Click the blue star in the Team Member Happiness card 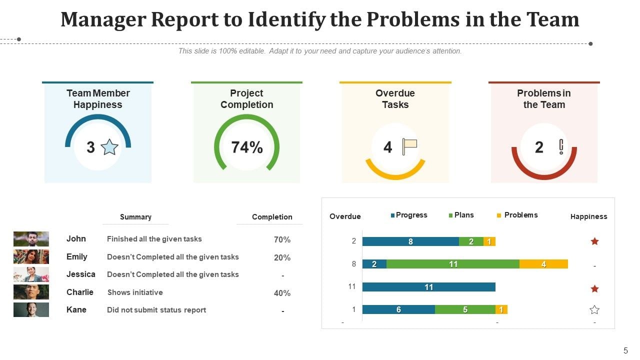pyautogui.click(x=109, y=147)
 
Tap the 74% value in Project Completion pyautogui.click(x=246, y=147)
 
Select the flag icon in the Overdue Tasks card pyautogui.click(x=409, y=146)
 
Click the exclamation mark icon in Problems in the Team pyautogui.click(x=561, y=146)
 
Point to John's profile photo pyautogui.click(x=31, y=239)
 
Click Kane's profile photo pyautogui.click(x=31, y=310)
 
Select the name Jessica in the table pyautogui.click(x=80, y=274)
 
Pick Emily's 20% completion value pyautogui.click(x=282, y=257)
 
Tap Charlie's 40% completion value pyautogui.click(x=282, y=293)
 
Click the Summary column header pyautogui.click(x=135, y=217)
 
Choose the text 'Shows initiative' pyautogui.click(x=135, y=292)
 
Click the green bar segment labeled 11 pyautogui.click(x=453, y=264)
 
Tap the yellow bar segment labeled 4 pyautogui.click(x=543, y=264)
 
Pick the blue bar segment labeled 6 pyautogui.click(x=398, y=309)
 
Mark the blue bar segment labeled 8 pyautogui.click(x=410, y=241)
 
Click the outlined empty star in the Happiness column pyautogui.click(x=594, y=310)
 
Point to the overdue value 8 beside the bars pyautogui.click(x=353, y=264)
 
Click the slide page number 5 pyautogui.click(x=625, y=350)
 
